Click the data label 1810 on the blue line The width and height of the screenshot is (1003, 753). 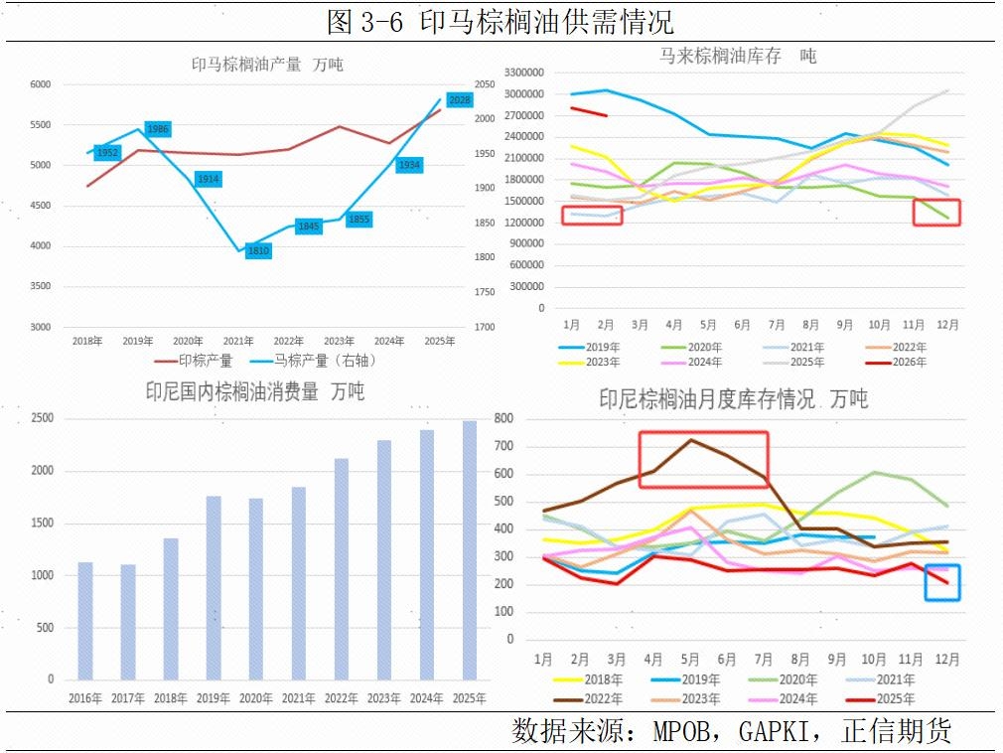pyautogui.click(x=257, y=251)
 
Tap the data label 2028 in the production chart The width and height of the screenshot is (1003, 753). pyautogui.click(x=460, y=100)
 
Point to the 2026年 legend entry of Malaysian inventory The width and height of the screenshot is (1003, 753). pyautogui.click(x=906, y=363)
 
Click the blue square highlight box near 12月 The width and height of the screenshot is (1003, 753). pyautogui.click(x=941, y=582)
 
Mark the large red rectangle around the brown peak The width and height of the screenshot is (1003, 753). pyautogui.click(x=703, y=459)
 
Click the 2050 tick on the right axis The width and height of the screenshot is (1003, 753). pyautogui.click(x=486, y=85)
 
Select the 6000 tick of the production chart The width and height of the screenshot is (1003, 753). pyautogui.click(x=40, y=85)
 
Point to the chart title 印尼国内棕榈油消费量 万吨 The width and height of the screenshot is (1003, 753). pyautogui.click(x=255, y=392)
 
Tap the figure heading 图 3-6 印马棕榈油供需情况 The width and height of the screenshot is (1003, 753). pyautogui.click(x=501, y=21)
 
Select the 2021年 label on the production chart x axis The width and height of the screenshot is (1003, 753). pyautogui.click(x=237, y=341)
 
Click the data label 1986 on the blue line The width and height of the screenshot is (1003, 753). pyautogui.click(x=158, y=129)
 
